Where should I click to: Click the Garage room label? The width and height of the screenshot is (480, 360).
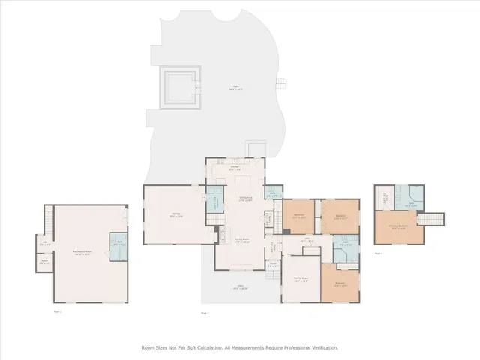pyautogui.click(x=175, y=215)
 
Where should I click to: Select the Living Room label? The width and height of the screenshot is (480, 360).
pyautogui.click(x=242, y=241)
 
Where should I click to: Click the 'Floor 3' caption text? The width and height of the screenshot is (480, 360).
pyautogui.click(x=379, y=253)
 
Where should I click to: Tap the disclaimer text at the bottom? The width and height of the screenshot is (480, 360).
pyautogui.click(x=240, y=347)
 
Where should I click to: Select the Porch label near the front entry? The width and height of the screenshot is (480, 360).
pyautogui.click(x=273, y=265)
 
